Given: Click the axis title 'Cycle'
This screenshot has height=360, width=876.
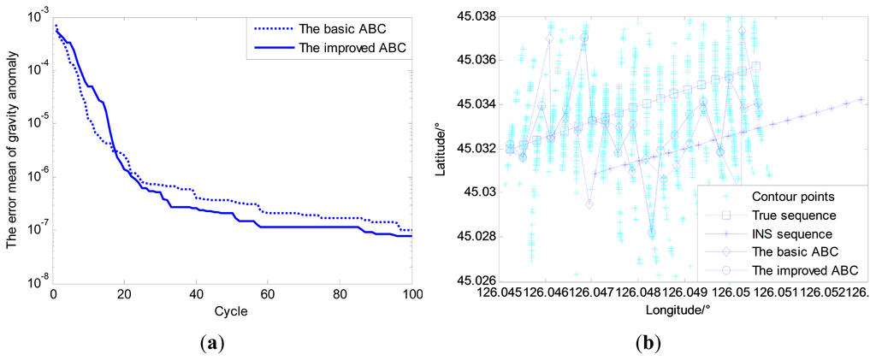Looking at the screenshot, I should [x=232, y=312].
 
